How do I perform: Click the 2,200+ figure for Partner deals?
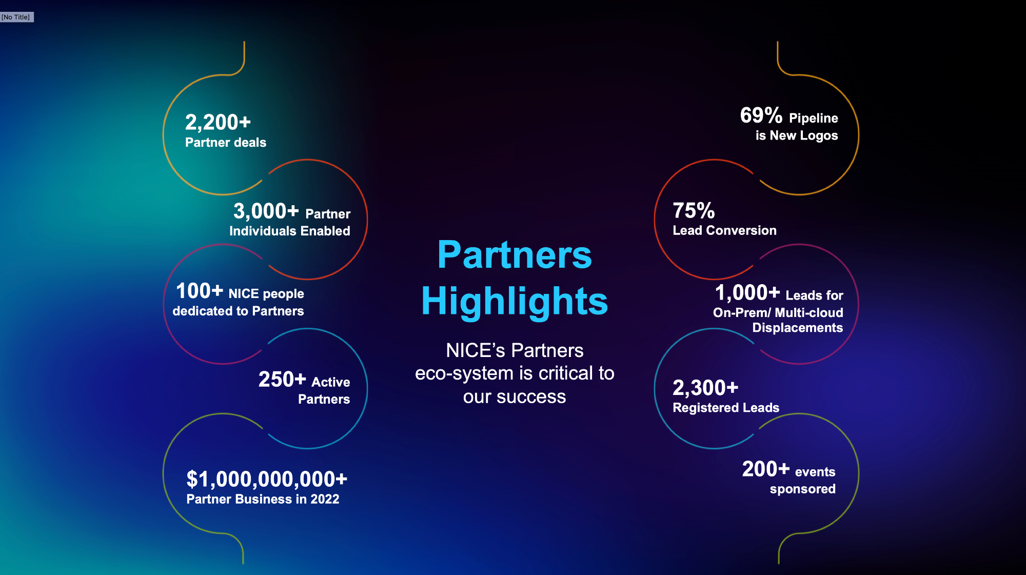218,123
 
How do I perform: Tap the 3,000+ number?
266,211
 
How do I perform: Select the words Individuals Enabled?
290,231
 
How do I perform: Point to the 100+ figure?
200,291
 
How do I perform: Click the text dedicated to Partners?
238,311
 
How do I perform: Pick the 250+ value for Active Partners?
282,380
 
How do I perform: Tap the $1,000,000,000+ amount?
267,479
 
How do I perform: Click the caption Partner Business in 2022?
263,499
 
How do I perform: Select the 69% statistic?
761,115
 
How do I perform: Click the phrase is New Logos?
797,135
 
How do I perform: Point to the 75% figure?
694,210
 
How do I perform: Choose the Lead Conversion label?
724,230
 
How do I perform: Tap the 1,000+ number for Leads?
747,293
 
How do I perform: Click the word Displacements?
797,328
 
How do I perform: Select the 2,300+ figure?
705,388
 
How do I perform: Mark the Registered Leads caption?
726,408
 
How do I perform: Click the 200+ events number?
765,469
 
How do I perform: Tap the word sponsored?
802,489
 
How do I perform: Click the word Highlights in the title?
515,301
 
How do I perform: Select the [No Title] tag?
16,17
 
